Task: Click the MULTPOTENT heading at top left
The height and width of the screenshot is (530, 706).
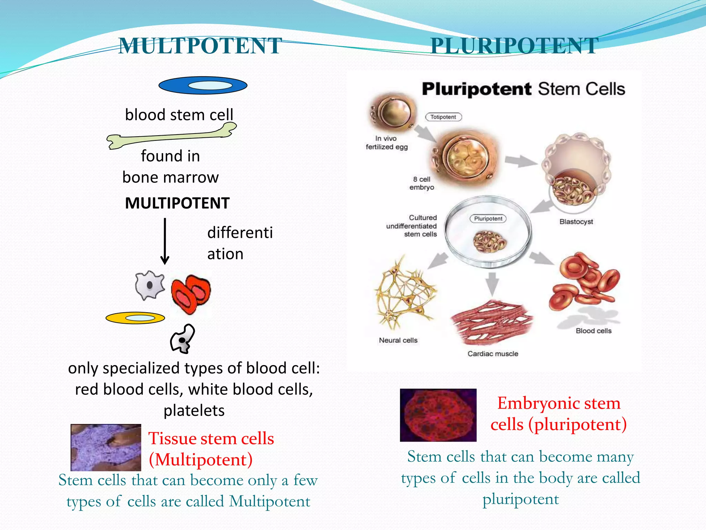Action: point(200,46)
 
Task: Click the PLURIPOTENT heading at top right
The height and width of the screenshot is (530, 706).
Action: point(514,46)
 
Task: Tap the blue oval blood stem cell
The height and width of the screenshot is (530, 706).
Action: point(203,85)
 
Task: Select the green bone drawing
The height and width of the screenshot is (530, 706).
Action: point(171,137)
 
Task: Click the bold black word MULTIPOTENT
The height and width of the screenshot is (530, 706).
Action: point(177,203)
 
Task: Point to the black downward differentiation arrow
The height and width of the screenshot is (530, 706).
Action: point(165,241)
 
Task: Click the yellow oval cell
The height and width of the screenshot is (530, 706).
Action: point(135,318)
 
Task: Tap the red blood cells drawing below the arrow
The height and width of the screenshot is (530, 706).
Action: point(191,294)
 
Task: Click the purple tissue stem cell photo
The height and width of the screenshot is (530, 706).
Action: point(106,448)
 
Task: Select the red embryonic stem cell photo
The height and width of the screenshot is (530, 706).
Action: point(438,415)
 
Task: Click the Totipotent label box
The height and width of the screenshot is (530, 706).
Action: point(443,117)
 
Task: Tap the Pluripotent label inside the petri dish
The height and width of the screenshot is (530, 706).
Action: point(488,219)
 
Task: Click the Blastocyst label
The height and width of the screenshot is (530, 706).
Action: point(576,222)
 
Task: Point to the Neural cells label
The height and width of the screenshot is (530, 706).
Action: point(398,340)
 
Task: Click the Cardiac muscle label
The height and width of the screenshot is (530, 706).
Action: point(493,354)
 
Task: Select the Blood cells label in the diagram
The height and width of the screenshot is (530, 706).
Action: point(593,331)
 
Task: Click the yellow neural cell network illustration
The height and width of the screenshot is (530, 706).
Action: point(405,293)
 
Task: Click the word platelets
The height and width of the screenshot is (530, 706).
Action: point(194,411)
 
